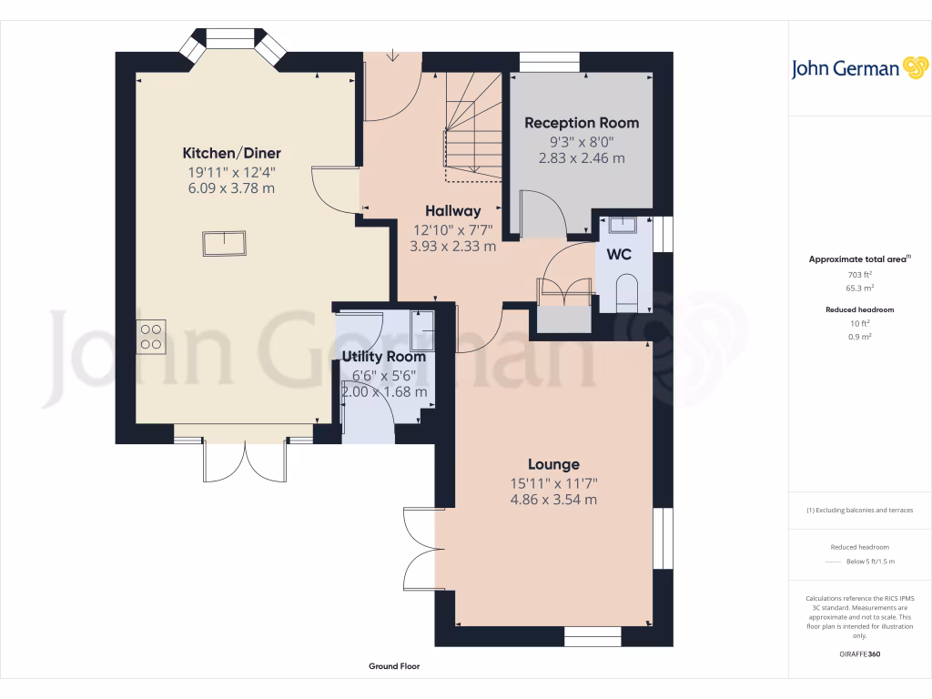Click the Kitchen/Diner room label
point(231,153)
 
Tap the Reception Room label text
point(582,123)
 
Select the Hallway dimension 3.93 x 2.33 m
point(454,246)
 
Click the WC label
point(619,255)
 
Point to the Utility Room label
point(383,357)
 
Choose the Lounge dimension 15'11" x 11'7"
point(553,482)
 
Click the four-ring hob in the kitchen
point(151,338)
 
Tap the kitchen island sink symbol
point(224,244)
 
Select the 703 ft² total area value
point(859,274)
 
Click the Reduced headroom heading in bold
point(859,309)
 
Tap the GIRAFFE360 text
point(859,653)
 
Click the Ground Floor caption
point(394,666)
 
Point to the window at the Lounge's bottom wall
point(592,635)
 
